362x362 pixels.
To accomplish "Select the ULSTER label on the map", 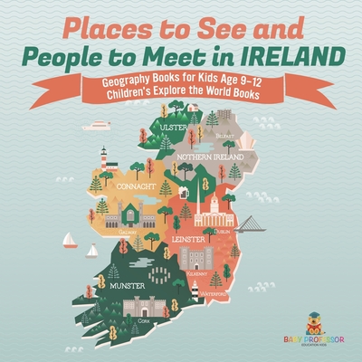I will point(174,128).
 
